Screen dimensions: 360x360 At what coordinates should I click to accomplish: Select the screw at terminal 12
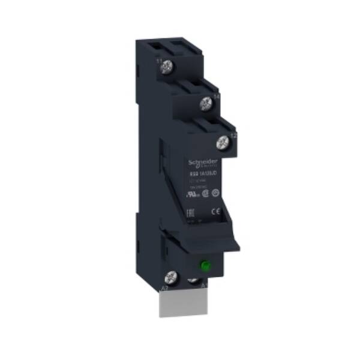click(x=224, y=142)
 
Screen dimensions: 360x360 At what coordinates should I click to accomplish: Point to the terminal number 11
click(x=158, y=61)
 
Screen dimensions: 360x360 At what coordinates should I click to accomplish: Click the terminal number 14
click(x=216, y=96)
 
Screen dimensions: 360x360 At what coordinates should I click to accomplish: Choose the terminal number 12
click(x=233, y=136)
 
